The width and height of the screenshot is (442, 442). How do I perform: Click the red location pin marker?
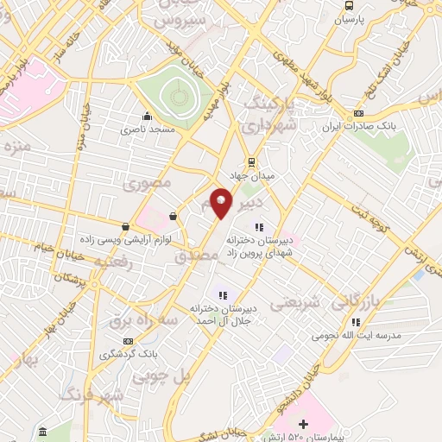pos(221,203)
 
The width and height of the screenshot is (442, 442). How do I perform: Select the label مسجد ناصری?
pos(148,128)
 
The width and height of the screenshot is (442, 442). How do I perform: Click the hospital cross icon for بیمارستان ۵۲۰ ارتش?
pos(303,424)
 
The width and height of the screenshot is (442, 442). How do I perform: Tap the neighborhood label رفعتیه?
pos(113,260)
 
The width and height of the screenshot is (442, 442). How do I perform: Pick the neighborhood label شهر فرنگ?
pos(92,395)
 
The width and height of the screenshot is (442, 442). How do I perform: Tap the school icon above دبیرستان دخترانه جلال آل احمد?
pos(223,295)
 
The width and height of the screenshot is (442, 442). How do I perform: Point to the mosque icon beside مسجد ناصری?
pos(148,116)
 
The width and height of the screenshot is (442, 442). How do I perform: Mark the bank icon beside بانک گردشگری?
pos(127,342)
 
